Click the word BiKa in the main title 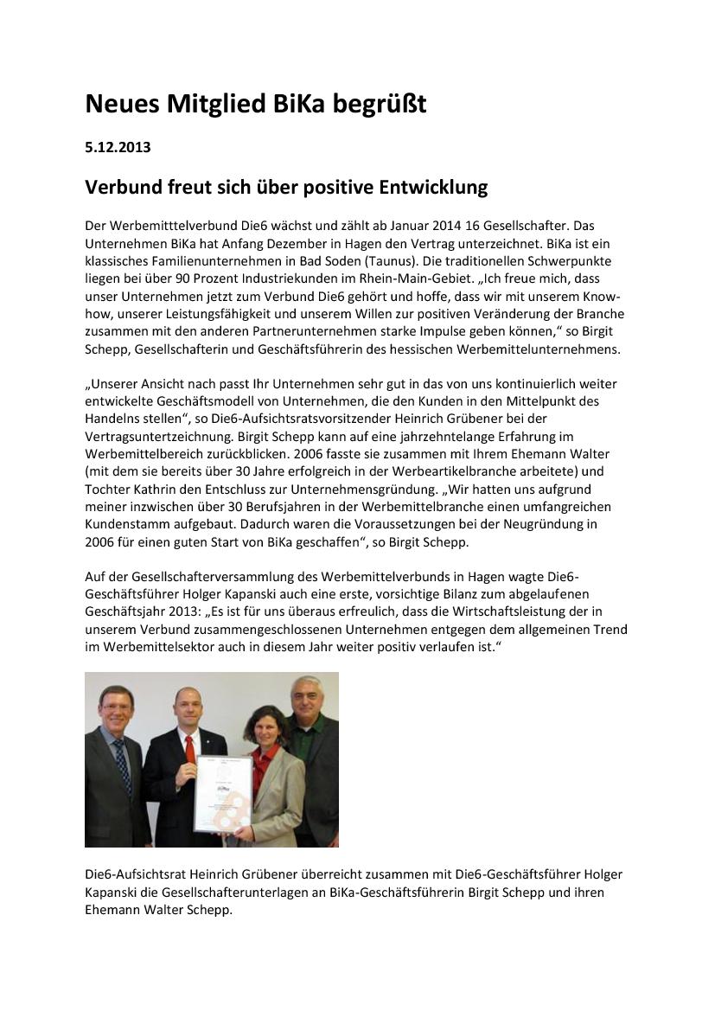click(x=299, y=105)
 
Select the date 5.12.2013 click(x=118, y=147)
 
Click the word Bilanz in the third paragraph click(x=432, y=594)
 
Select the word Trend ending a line click(x=609, y=629)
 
